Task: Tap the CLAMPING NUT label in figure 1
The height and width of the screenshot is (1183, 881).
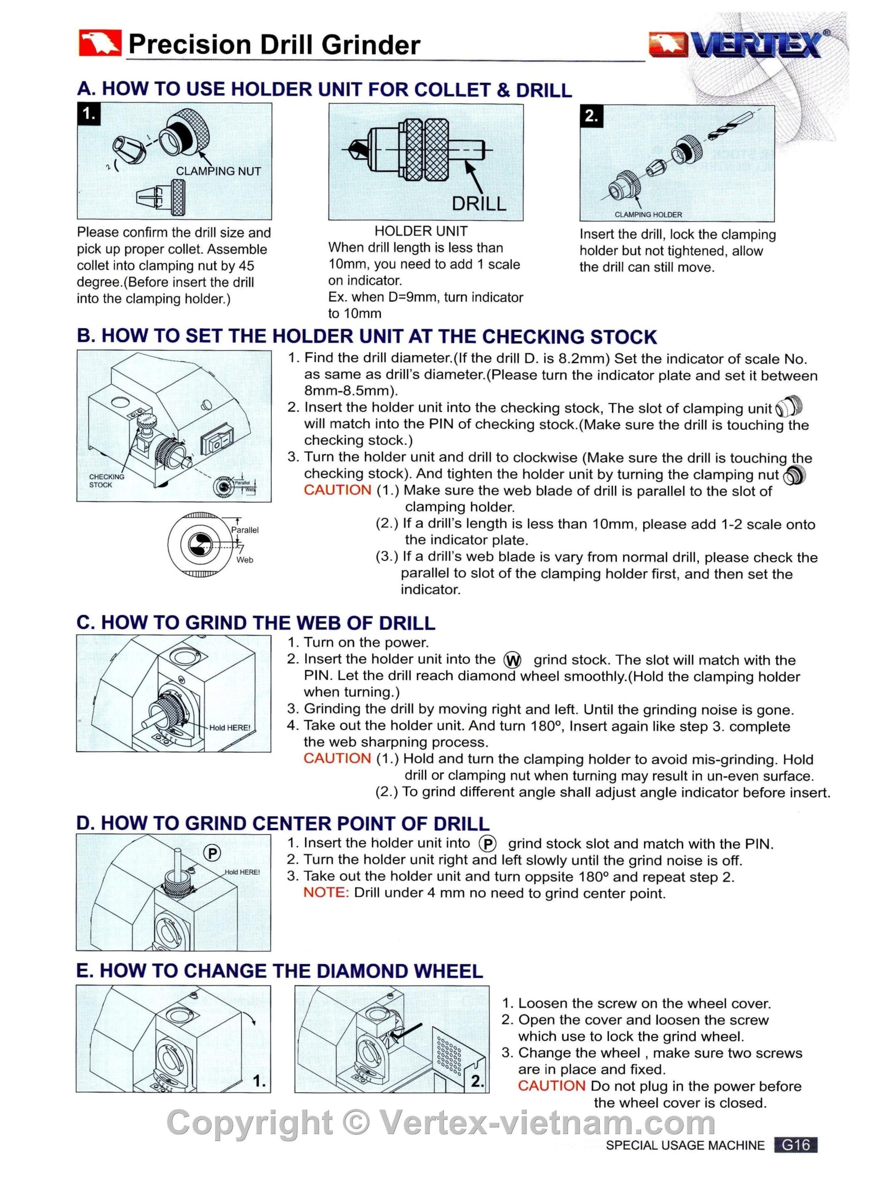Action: pos(219,171)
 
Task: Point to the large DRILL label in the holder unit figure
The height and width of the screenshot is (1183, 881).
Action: pos(479,204)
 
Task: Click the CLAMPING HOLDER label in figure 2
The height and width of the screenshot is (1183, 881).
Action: pos(648,214)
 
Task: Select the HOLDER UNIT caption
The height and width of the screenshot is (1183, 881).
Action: pos(421,231)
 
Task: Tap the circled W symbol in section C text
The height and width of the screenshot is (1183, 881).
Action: pos(512,660)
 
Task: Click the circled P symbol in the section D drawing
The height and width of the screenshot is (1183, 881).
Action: pos(212,854)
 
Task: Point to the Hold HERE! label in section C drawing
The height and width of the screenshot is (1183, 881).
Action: pos(229,727)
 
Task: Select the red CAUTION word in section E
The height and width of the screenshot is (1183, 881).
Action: pos(551,1086)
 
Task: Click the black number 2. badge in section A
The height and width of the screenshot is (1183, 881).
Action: pos(592,117)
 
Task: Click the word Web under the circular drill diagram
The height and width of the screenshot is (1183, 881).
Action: pos(245,560)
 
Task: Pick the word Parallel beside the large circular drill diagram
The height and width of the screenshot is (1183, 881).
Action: pos(245,530)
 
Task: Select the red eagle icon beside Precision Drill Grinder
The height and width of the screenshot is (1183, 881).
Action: pos(99,43)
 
